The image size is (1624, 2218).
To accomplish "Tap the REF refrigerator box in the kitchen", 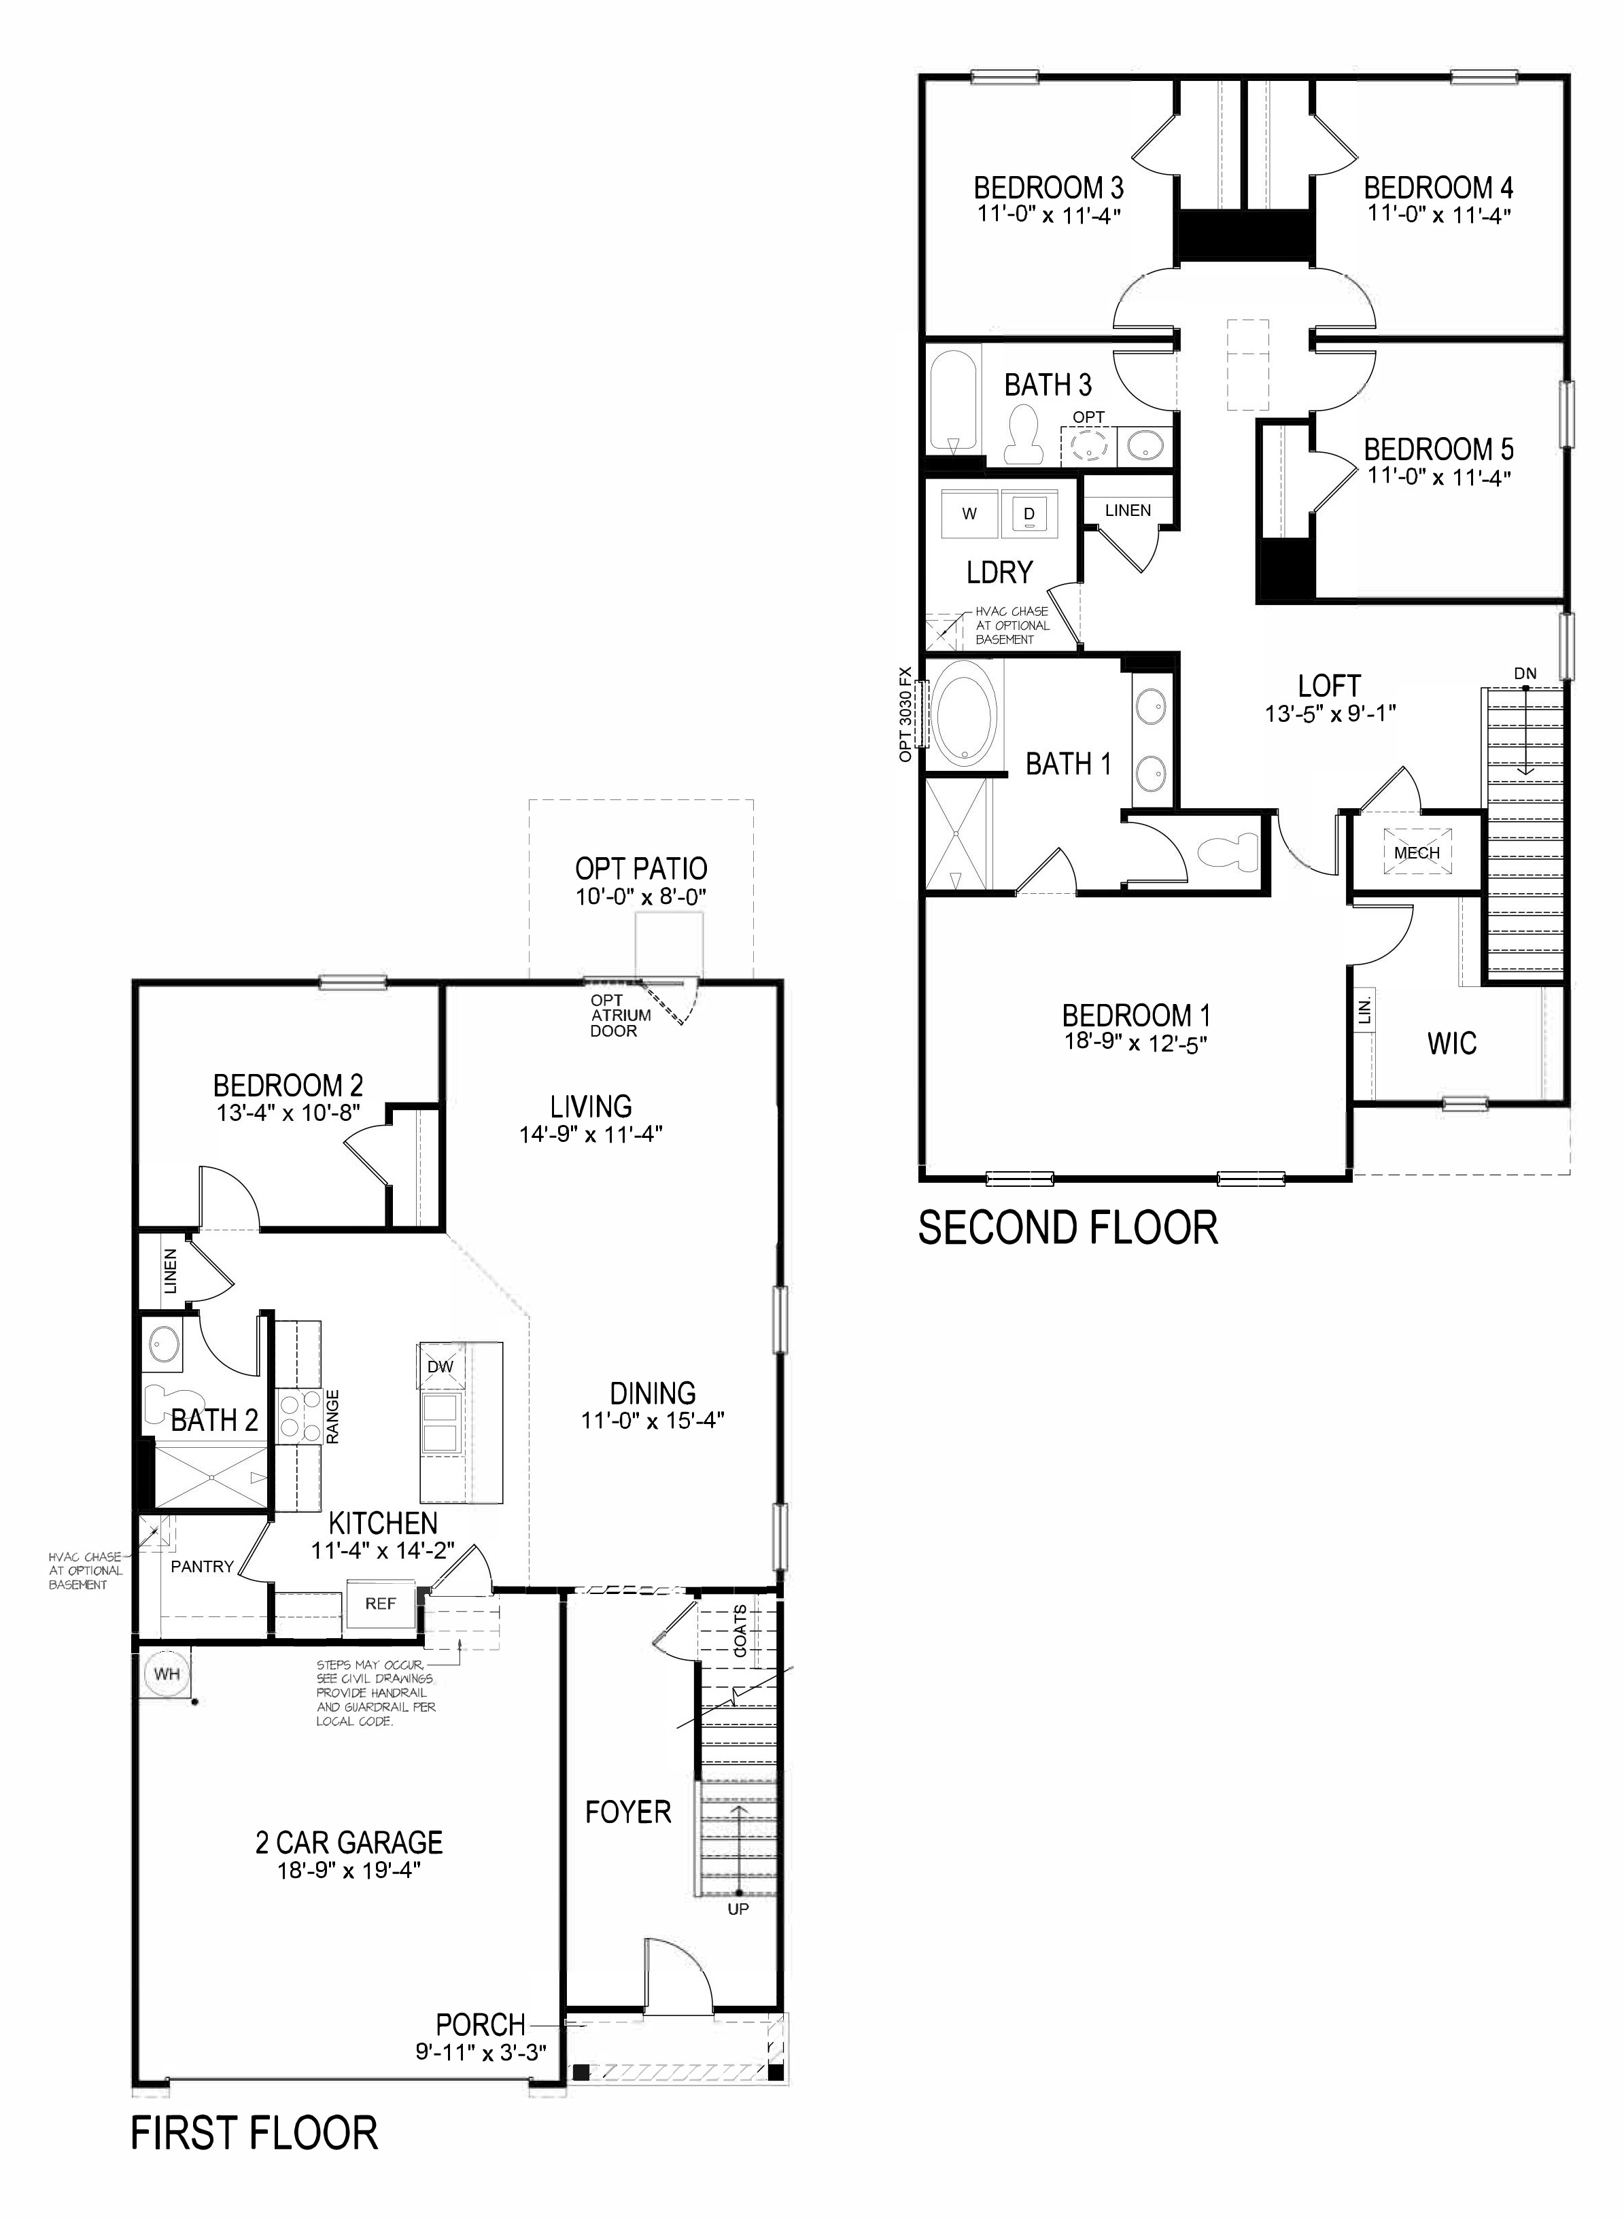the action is (x=381, y=1604).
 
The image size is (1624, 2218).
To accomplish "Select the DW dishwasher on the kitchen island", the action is (x=440, y=1367).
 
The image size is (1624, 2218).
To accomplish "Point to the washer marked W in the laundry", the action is (x=969, y=513).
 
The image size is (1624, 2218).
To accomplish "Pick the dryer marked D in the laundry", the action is (x=1029, y=513).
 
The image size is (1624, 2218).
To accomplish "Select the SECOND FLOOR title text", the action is (x=1069, y=1228).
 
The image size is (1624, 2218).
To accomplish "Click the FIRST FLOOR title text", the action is (x=255, y=2153).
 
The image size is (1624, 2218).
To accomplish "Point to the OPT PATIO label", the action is (x=641, y=869).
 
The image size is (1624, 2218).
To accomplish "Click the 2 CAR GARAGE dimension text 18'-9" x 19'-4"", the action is (x=349, y=1870).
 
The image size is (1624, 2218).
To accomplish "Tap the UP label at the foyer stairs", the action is (x=738, y=1936).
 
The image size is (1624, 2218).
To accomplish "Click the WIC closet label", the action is (x=1452, y=1043).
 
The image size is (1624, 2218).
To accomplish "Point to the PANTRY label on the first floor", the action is (x=203, y=1566).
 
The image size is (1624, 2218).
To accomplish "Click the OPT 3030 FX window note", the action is (x=905, y=714).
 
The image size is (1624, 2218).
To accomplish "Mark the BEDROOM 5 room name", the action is (x=1438, y=449).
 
